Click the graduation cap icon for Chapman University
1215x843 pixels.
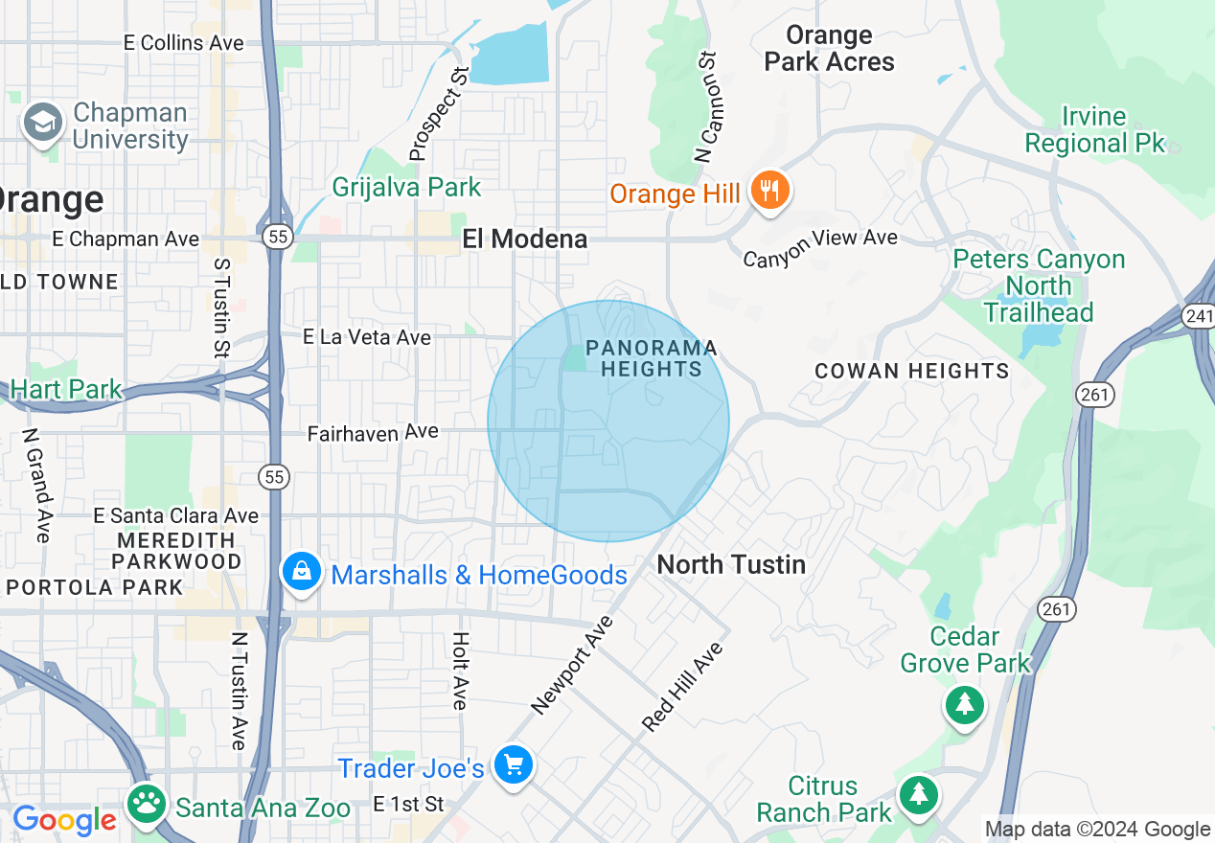click(x=43, y=124)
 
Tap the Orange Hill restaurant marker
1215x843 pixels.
click(x=769, y=191)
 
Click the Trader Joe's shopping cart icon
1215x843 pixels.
click(x=514, y=765)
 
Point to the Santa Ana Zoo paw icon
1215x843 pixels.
click(x=147, y=806)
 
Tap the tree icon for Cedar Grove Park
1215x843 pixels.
click(x=964, y=706)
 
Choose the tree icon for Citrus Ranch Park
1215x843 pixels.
click(x=919, y=794)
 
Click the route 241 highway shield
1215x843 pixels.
click(x=1199, y=316)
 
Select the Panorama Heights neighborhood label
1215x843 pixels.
click(x=652, y=358)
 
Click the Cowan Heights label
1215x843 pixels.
click(x=911, y=371)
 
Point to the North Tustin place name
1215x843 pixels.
click(x=731, y=564)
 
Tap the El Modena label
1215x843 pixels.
click(x=525, y=239)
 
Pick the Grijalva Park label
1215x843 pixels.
click(x=406, y=187)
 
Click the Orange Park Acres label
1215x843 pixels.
click(x=829, y=49)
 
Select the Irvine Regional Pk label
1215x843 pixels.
click(x=1094, y=130)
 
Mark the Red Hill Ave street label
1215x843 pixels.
click(x=683, y=687)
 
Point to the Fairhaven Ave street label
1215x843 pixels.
click(x=373, y=433)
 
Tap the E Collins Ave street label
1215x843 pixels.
click(x=184, y=43)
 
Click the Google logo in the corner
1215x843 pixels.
click(x=64, y=820)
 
